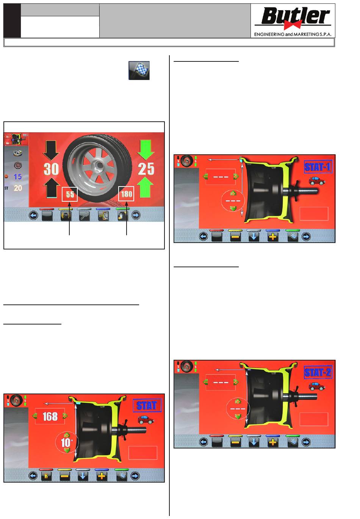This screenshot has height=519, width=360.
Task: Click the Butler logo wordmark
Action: pyautogui.click(x=295, y=16)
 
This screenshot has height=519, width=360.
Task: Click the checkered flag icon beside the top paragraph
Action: pyautogui.click(x=139, y=71)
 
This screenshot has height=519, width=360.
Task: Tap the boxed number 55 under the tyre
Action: pyautogui.click(x=70, y=194)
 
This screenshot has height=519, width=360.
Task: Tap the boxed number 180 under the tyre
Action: pyautogui.click(x=126, y=194)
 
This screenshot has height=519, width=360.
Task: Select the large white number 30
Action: pyautogui.click(x=51, y=169)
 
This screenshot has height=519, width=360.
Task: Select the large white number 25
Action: pyautogui.click(x=146, y=169)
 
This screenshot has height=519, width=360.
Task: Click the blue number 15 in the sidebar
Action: pyautogui.click(x=17, y=177)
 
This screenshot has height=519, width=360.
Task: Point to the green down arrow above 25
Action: pyautogui.click(x=146, y=149)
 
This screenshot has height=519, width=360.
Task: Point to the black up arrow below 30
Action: pyautogui.click(x=51, y=188)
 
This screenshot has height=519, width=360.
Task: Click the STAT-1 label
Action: pyautogui.click(x=318, y=166)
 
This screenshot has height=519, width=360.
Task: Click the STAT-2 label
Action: pyautogui.click(x=318, y=372)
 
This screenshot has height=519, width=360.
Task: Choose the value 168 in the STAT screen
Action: pyautogui.click(x=50, y=416)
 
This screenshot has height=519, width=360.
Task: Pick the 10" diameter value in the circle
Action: pyautogui.click(x=67, y=442)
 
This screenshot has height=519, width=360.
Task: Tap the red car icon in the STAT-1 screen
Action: pyautogui.click(x=317, y=181)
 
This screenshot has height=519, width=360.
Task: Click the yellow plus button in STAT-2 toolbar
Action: pyautogui.click(x=272, y=442)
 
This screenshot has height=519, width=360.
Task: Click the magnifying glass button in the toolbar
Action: pyautogui.click(x=84, y=216)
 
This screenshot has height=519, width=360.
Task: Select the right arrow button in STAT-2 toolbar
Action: pyautogui.click(x=306, y=442)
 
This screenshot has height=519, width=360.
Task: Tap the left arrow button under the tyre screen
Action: pyautogui.click(x=33, y=216)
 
